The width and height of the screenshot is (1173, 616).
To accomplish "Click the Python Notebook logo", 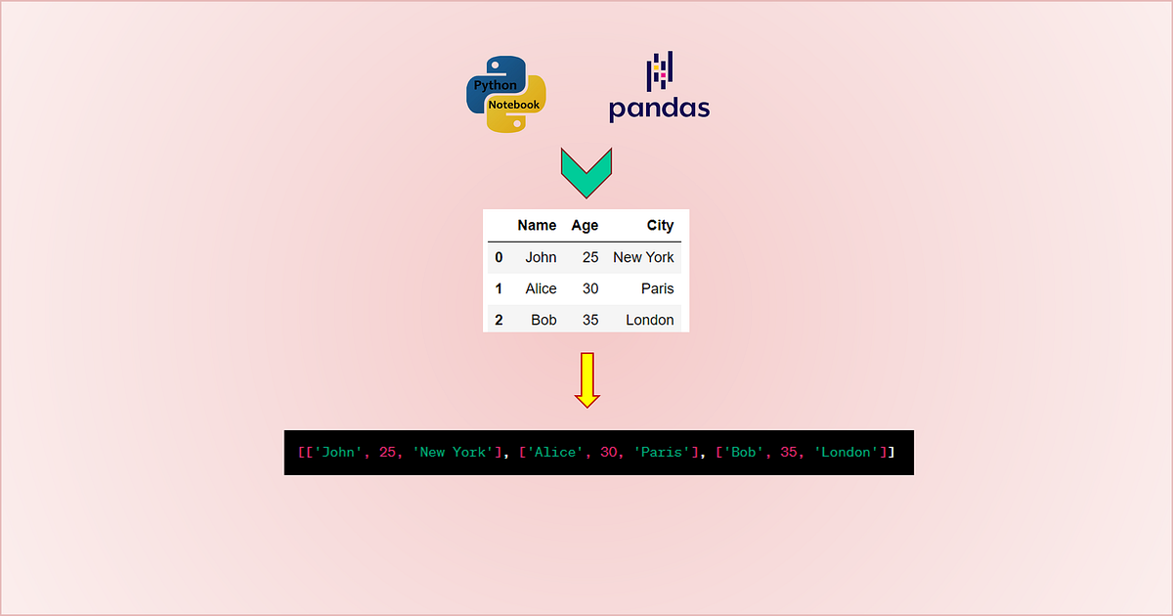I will point(505,94).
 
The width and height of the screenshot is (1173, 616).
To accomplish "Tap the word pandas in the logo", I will point(659,108).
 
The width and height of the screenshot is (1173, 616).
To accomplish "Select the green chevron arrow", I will point(586,172).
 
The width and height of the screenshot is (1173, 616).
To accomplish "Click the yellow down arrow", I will point(586,379).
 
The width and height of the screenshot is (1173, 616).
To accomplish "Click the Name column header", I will point(537,226).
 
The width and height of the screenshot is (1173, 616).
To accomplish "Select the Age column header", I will point(585,226).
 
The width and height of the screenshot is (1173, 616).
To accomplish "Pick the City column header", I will point(660,226).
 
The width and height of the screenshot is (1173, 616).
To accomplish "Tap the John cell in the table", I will point(541,257).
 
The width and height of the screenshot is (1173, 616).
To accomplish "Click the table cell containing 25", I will point(589,257).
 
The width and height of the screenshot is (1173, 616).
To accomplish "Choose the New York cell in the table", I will point(643,257).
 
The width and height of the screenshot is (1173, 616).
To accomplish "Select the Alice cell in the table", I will point(541,288).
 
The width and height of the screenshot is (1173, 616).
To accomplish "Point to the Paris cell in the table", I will point(657,288).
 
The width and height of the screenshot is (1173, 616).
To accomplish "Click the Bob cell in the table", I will point(543,320).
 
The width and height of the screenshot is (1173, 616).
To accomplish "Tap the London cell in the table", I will point(649,320).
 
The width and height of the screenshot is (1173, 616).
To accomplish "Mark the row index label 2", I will point(499,320).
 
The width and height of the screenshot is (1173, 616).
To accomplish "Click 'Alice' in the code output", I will point(557,453).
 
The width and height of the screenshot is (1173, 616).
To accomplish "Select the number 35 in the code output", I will point(790,453).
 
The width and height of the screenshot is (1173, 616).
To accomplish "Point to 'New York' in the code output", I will point(453,453).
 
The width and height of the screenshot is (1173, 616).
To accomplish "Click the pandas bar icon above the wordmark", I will point(659,71).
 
